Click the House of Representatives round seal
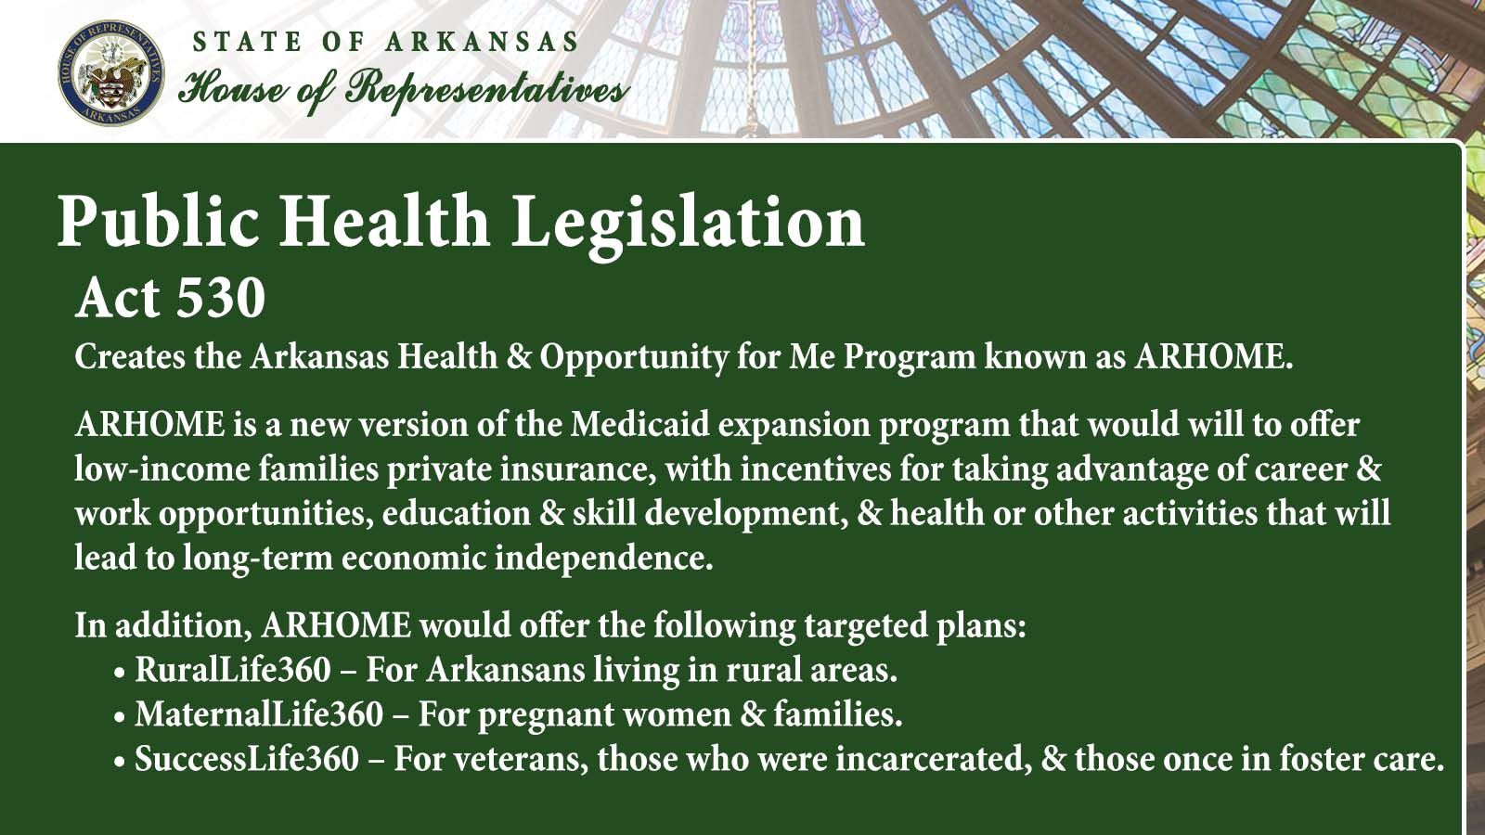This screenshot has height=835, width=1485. point(111,72)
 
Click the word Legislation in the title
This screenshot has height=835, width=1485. point(688,223)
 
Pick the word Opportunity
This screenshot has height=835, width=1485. point(634,358)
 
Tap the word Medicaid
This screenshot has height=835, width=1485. point(639,425)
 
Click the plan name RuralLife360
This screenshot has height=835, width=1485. point(233,670)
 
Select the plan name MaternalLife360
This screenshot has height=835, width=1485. point(259,714)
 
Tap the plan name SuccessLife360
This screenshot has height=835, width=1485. point(247,759)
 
